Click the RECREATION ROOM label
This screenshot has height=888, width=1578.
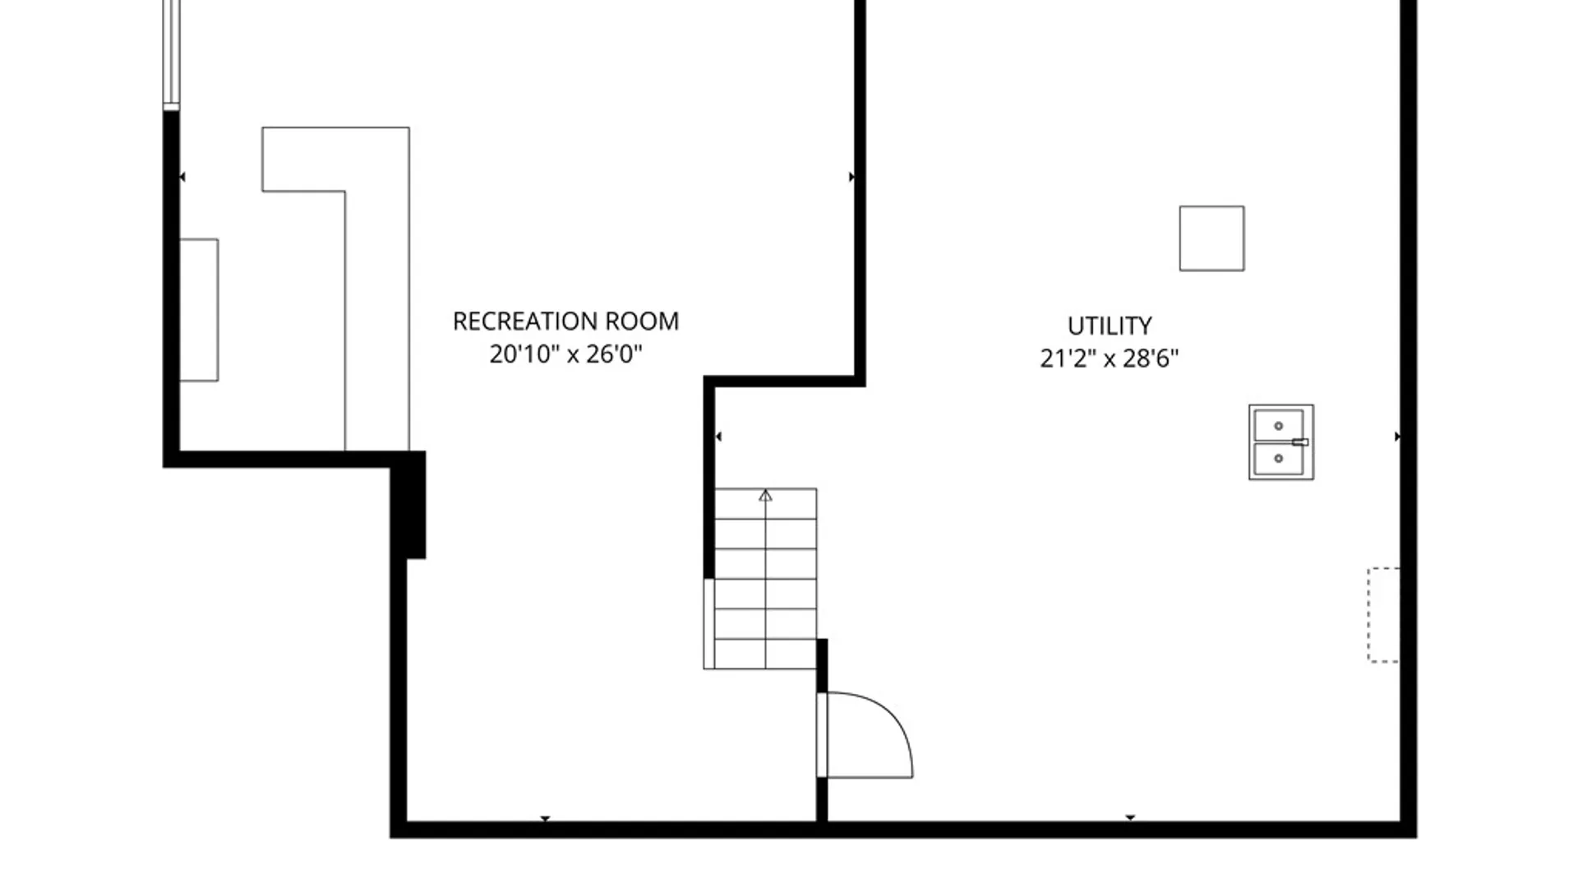tap(565, 321)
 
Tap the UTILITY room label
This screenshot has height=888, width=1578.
tap(1109, 326)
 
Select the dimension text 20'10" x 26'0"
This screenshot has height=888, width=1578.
tap(565, 354)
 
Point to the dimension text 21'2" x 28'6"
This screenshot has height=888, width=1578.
tap(1109, 358)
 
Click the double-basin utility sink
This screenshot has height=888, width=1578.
tap(1280, 442)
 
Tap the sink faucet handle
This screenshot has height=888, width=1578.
tap(1299, 442)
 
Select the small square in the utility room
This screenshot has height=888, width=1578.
tap(1211, 238)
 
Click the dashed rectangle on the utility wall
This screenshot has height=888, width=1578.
tap(1383, 614)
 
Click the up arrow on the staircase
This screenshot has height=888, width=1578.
tap(765, 496)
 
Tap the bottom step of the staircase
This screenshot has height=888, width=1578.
tap(765, 654)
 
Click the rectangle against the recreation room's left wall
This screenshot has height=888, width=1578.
tap(199, 310)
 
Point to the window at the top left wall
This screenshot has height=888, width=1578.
tap(171, 53)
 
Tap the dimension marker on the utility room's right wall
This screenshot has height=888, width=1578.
tap(1397, 437)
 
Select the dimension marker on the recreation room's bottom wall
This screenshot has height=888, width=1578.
tap(545, 818)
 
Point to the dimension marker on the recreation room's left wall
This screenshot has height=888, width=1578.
tap(182, 177)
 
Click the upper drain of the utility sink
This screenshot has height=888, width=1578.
tap(1278, 426)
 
